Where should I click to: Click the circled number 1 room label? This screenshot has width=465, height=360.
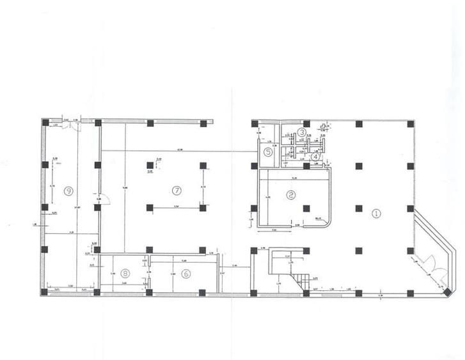tap(376, 214)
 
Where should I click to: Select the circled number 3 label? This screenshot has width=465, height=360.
tap(301, 132)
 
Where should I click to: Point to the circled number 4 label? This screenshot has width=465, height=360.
tap(315, 156)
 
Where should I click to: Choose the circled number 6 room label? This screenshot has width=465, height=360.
tap(186, 273)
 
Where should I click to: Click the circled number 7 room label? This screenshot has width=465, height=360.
tap(177, 190)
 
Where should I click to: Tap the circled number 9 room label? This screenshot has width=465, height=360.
tap(68, 190)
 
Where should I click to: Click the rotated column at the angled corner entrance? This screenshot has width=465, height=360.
tap(446, 292)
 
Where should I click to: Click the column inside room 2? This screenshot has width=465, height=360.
tap(306, 208)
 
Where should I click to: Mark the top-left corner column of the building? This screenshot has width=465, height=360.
tap(45, 122)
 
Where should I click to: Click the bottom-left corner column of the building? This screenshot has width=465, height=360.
tap(45, 292)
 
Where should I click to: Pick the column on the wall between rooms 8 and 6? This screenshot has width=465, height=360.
tap(149, 292)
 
